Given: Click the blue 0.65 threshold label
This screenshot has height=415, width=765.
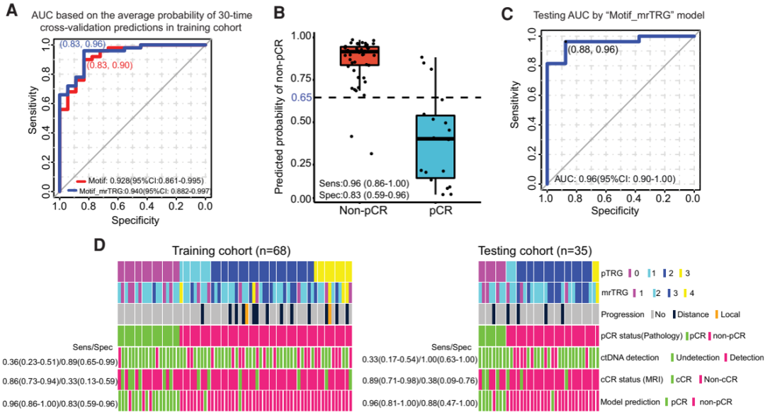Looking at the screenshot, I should coord(285,98).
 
